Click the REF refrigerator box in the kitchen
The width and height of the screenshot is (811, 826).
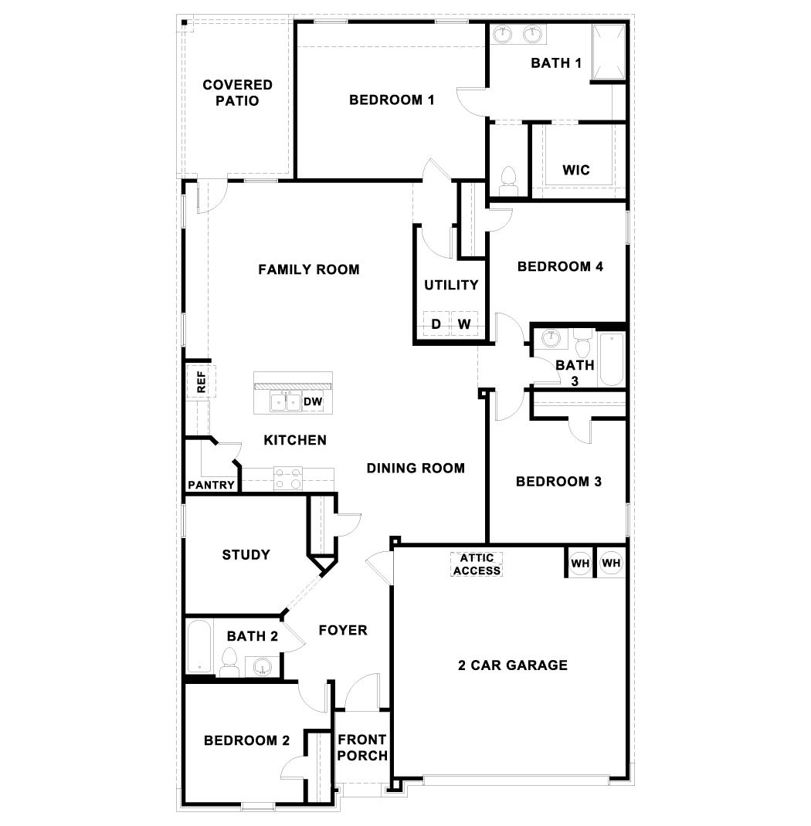pos(201,382)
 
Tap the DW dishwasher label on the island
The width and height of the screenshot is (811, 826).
pos(312,401)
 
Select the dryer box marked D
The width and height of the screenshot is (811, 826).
pos(436,324)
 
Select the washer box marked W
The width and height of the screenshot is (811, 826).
pos(464,324)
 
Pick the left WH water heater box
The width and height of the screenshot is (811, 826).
pos(580,564)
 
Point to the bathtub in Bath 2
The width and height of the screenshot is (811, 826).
pos(199,647)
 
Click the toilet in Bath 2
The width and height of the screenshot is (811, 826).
pos(229,662)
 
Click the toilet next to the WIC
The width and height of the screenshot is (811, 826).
pos(508,180)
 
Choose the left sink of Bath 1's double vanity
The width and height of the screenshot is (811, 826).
pos(504,33)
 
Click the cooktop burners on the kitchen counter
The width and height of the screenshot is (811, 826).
pos(289,479)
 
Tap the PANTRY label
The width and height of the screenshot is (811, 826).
pos(210,486)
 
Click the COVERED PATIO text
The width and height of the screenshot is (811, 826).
pos(237,93)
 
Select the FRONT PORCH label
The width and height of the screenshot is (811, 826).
pos(361,747)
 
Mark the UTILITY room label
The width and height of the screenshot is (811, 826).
pos(451,285)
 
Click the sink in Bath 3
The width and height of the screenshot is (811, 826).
pos(551,337)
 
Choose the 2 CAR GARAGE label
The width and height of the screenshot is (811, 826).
pos(512,665)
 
